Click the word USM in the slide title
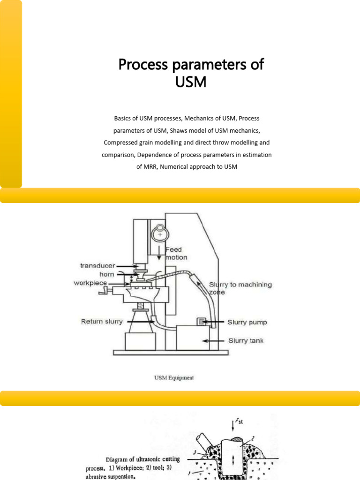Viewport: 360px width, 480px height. pyautogui.click(x=191, y=82)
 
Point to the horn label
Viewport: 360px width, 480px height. pyautogui.click(x=106, y=274)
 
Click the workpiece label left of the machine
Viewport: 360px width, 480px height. pyautogui.click(x=90, y=283)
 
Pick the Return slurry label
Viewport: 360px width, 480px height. pyautogui.click(x=102, y=322)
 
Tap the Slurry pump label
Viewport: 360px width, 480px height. pyautogui.click(x=247, y=322)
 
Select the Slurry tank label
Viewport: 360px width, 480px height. pyautogui.click(x=245, y=340)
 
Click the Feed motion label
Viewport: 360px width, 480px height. pyautogui.click(x=176, y=254)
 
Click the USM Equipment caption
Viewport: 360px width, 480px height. pyautogui.click(x=173, y=377)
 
